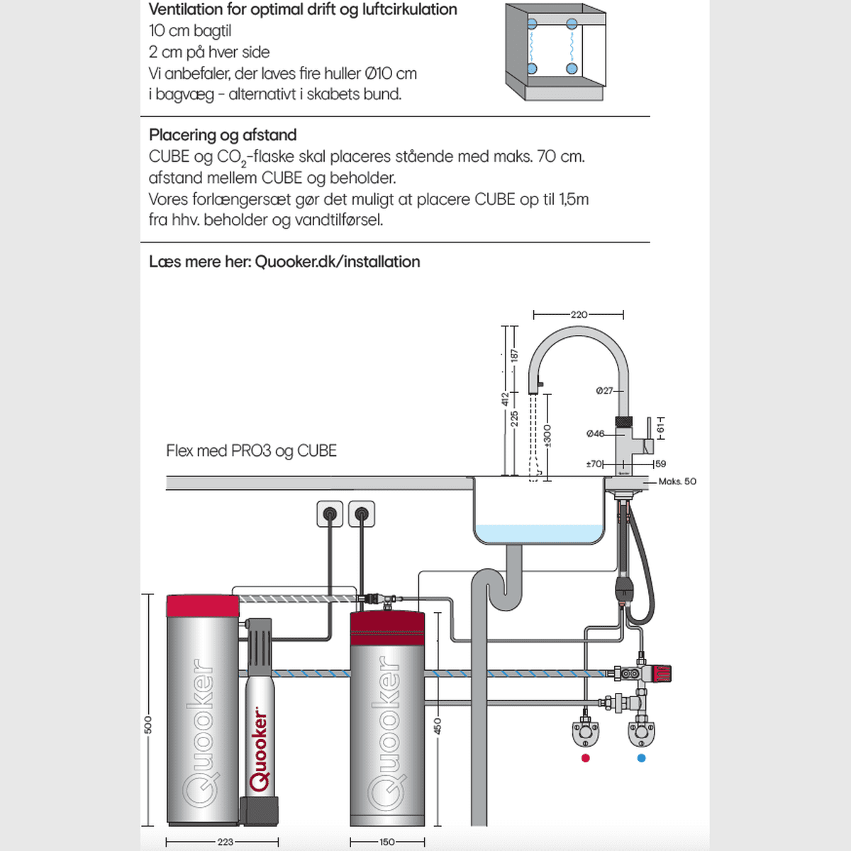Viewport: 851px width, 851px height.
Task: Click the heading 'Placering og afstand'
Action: click(223, 135)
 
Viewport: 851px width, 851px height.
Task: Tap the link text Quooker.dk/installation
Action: click(337, 262)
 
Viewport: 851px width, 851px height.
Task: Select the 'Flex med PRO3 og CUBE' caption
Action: click(251, 451)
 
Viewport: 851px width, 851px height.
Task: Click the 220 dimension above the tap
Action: click(579, 314)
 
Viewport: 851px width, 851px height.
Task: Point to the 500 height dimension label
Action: click(148, 725)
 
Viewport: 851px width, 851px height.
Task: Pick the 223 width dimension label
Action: click(225, 842)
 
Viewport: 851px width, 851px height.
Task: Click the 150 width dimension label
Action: click(386, 842)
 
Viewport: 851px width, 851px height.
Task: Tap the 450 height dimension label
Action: click(438, 725)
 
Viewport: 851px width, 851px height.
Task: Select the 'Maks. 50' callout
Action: click(677, 482)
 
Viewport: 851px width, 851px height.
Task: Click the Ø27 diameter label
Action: click(604, 391)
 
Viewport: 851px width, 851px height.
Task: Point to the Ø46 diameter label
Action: click(595, 434)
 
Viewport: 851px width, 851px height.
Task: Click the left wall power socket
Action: click(330, 514)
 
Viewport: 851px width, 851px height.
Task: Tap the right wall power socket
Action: click(362, 514)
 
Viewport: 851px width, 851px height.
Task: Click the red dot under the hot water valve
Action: click(585, 758)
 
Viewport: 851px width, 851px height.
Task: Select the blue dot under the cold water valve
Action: click(642, 758)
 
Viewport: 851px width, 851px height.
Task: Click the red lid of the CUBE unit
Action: click(203, 606)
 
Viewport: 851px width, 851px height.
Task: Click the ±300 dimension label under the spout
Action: click(547, 435)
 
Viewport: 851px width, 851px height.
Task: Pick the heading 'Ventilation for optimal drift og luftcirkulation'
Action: click(303, 10)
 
